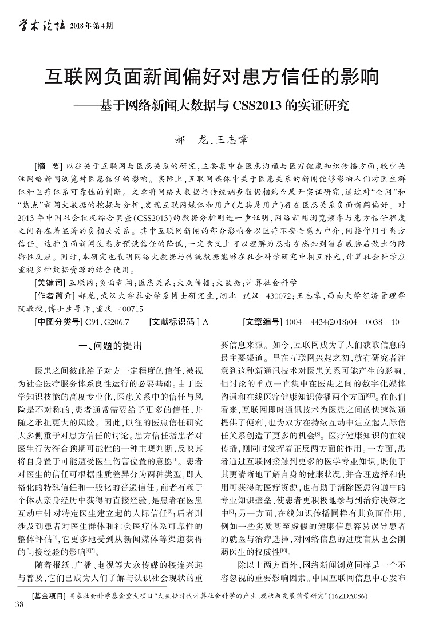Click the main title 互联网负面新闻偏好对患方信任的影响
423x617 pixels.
212,76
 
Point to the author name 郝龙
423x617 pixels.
189,139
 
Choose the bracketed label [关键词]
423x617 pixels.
50,283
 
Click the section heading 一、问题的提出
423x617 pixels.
108,345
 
